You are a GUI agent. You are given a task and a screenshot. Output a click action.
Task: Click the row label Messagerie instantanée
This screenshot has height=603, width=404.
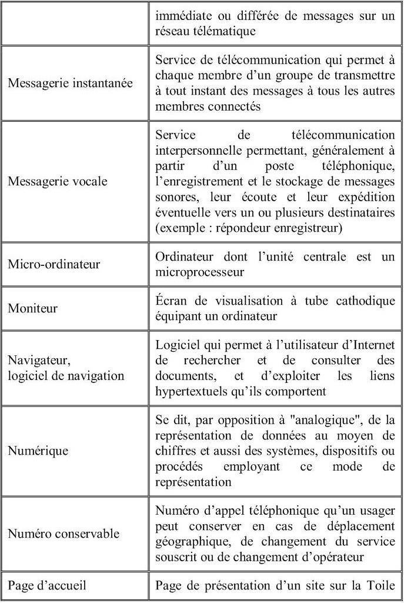70,83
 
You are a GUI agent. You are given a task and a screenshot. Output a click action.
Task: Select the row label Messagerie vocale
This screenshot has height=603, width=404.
58,181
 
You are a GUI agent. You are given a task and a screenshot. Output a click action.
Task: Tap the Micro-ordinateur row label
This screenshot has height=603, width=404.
54,264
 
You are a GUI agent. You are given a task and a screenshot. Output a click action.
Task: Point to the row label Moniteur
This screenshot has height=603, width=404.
32,308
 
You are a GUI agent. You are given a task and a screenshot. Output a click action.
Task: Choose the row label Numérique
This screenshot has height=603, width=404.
38,451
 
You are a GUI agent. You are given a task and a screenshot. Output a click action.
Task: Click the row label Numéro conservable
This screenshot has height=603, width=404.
64,534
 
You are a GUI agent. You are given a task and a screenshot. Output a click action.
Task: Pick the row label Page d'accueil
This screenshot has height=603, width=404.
47,585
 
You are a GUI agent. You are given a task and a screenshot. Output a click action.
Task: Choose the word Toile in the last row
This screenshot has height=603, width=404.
381,585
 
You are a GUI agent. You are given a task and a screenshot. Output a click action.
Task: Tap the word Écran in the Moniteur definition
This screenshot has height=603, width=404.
171,301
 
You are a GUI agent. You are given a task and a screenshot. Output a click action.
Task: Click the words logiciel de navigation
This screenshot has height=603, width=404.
66,375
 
